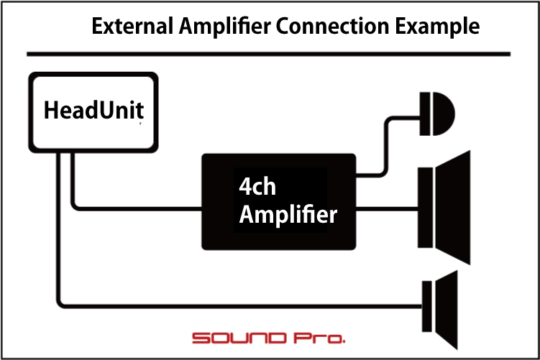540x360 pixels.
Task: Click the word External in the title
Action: click(132, 26)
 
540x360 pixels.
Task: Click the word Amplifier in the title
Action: click(224, 27)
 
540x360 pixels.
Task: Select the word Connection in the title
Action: click(332, 26)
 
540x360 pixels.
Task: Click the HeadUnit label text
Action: click(93, 110)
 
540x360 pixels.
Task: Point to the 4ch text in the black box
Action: click(257, 187)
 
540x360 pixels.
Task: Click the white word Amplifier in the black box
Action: click(288, 215)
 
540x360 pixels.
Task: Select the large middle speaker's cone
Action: click(453, 208)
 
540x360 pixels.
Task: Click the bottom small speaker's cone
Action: click(447, 310)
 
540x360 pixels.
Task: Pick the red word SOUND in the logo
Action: click(239, 338)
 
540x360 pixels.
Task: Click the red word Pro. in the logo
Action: click(319, 338)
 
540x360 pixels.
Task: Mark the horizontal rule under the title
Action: click(269, 54)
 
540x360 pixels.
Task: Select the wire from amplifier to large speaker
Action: click(387, 209)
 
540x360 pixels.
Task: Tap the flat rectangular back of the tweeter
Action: click(425, 114)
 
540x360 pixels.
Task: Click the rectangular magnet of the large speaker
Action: click(426, 208)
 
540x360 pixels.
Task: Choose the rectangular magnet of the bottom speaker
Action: click(427, 306)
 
